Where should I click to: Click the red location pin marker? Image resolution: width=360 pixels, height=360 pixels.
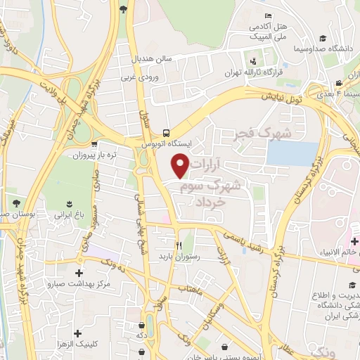coord(181,166)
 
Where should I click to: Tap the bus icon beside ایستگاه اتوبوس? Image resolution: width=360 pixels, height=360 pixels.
coord(166,132)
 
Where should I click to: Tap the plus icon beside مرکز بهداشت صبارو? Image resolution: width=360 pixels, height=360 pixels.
coord(78,273)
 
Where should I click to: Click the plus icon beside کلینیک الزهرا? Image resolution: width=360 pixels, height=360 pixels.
coord(77,333)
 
